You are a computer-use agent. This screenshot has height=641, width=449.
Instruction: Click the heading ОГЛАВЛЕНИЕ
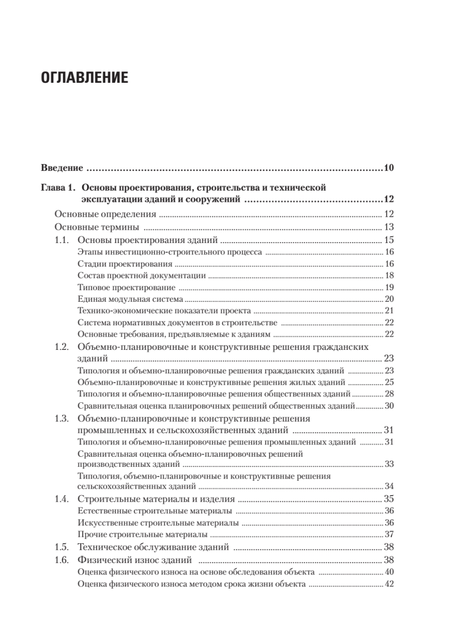[x=84, y=78]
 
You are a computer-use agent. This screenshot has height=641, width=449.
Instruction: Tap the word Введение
[x=62, y=168]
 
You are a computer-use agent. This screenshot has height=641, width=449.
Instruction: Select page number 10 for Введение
[x=388, y=168]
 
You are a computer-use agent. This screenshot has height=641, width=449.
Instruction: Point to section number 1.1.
[x=62, y=239]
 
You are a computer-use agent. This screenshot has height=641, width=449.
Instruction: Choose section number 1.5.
[x=62, y=547]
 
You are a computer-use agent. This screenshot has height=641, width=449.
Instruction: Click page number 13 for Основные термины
[x=389, y=226]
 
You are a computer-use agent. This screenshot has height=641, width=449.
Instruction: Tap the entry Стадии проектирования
[x=124, y=264]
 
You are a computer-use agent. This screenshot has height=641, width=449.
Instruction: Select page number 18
[x=389, y=276]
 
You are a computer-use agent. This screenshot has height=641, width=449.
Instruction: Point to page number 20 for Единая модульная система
[x=389, y=299]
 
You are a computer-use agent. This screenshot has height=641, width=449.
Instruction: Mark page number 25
[x=389, y=382]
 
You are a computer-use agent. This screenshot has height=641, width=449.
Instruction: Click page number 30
[x=389, y=406]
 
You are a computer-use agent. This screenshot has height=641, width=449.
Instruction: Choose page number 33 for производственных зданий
[x=389, y=464]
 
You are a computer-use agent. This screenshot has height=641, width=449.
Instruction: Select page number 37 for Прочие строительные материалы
[x=389, y=534]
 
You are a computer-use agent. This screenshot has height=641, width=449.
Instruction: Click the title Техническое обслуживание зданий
[x=153, y=547]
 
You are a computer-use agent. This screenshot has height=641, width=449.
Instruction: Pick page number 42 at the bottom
[x=389, y=584]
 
